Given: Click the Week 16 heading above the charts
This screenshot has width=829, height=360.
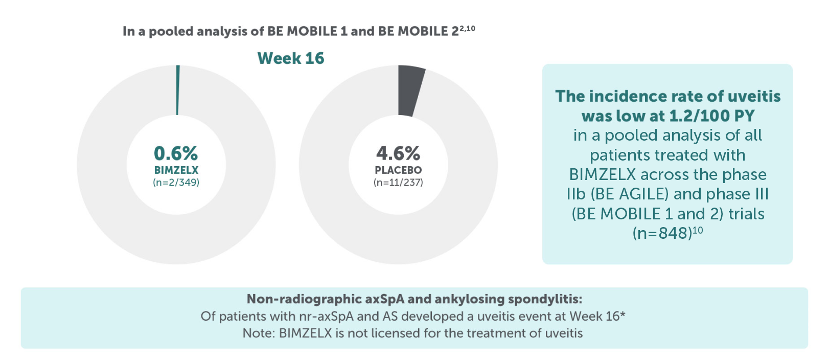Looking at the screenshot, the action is [290, 58].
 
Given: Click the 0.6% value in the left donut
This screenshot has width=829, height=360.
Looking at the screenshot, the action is [176, 153].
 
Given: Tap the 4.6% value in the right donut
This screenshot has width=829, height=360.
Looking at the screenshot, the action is [398, 153].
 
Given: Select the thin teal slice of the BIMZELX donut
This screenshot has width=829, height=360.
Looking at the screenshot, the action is [178, 90].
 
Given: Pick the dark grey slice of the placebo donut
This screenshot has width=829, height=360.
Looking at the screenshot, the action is [410, 91].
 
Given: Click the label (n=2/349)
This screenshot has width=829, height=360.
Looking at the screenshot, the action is [176, 183].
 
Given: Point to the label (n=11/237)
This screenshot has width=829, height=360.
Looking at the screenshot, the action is [398, 183].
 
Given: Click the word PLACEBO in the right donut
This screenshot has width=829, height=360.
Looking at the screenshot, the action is [398, 170].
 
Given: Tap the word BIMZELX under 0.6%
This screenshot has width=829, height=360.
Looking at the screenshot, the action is [176, 170].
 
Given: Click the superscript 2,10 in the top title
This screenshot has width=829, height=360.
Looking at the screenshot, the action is [467, 28].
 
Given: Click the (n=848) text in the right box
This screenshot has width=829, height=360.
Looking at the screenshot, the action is [662, 233].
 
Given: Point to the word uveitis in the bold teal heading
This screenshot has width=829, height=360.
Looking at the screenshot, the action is [754, 96].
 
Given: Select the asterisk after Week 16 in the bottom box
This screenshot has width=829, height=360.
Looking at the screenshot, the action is [623, 314].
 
